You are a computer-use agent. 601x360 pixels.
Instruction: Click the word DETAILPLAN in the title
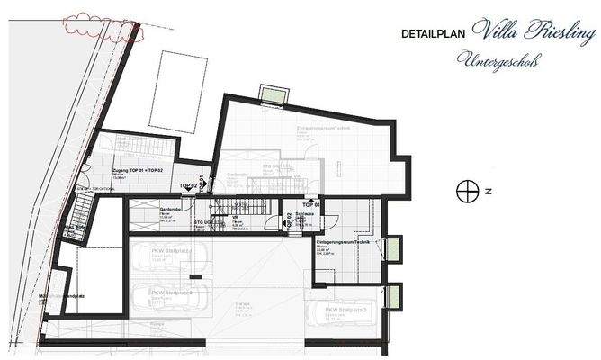pyautogui.click(x=435, y=34)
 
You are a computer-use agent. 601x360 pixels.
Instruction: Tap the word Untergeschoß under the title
pyautogui.click(x=501, y=61)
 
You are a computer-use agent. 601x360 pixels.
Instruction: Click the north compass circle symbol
pyautogui.click(x=466, y=191)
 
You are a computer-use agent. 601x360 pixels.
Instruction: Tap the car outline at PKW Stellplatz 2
pyautogui.click(x=171, y=294)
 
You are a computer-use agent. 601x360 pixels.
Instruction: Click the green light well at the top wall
pyautogui.click(x=270, y=93)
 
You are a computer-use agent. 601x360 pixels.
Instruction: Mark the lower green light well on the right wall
pyautogui.click(x=392, y=294)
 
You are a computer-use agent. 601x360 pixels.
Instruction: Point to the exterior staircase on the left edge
pyautogui.click(x=79, y=218)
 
